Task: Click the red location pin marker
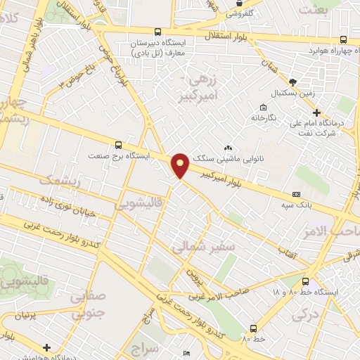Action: pyautogui.click(x=180, y=165)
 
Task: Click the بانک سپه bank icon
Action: pyautogui.click(x=295, y=194)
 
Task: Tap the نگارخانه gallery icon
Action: pyautogui.click(x=263, y=108)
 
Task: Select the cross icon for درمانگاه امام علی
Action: pyautogui.click(x=316, y=112)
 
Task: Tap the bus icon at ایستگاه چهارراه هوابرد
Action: pyautogui.click(x=342, y=39)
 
